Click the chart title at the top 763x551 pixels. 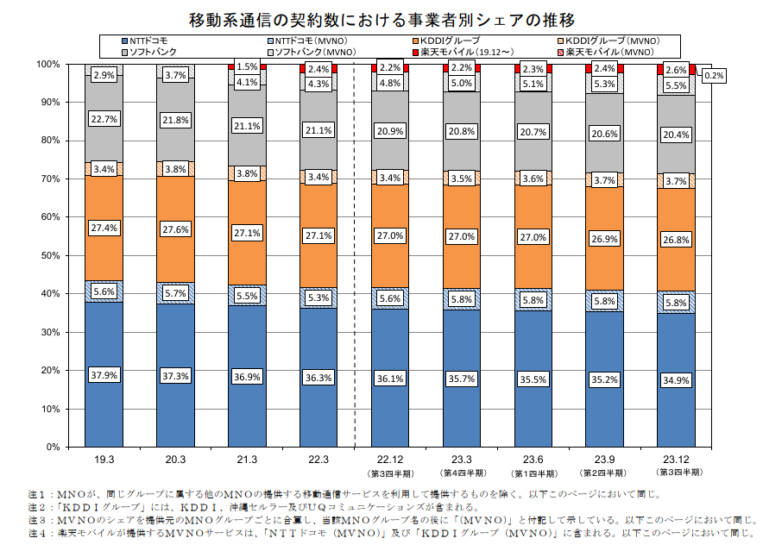click(x=381, y=17)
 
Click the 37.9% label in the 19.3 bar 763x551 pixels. click(x=104, y=375)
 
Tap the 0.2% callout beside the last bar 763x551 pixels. click(x=714, y=76)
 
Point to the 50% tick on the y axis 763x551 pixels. click(x=47, y=255)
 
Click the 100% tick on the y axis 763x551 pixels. click(x=46, y=64)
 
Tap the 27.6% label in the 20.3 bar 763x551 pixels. click(x=175, y=229)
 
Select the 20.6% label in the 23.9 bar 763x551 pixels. click(x=604, y=135)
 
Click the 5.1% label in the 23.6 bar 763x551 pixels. click(x=533, y=84)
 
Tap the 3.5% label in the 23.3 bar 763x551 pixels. click(x=462, y=178)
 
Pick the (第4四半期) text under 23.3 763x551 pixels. click(x=462, y=473)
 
